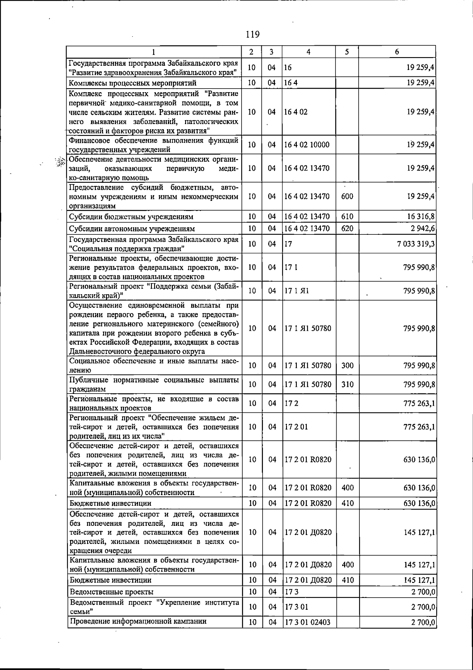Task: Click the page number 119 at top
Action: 252,34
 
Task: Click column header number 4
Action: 309,52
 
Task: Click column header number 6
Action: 397,52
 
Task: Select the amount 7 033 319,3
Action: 416,244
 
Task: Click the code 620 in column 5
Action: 347,228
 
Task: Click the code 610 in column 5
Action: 347,217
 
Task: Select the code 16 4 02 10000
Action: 307,145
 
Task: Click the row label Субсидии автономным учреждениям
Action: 132,229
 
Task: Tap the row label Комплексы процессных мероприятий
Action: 132,83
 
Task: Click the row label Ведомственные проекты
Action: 112,592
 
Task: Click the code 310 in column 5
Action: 347,384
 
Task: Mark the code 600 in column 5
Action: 347,196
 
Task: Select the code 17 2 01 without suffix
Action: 296,427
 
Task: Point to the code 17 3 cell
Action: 292,592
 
